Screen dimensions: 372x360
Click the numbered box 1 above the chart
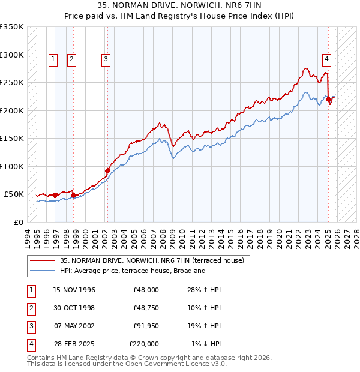click(x=53, y=59)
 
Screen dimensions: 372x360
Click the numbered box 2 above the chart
click(x=71, y=59)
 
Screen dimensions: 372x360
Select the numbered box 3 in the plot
click(x=106, y=59)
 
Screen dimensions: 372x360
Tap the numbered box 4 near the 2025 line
click(x=326, y=59)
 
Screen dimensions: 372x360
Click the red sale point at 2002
click(x=108, y=170)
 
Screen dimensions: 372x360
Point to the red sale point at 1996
click(x=55, y=195)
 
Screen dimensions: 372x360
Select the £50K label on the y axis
click(x=14, y=194)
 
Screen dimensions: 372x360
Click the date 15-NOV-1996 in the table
click(x=74, y=290)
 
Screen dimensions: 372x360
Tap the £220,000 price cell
click(x=144, y=344)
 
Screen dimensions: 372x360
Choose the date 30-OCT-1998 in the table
click(x=74, y=308)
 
